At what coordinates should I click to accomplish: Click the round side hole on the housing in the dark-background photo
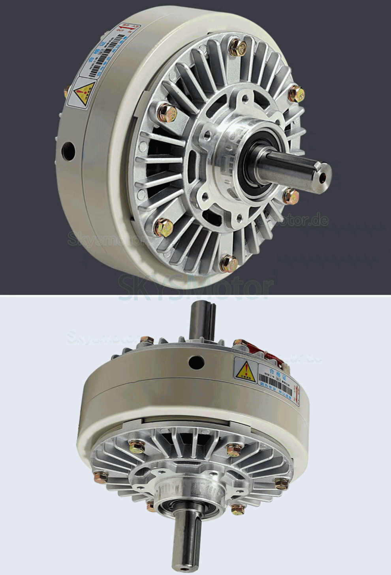(68, 151)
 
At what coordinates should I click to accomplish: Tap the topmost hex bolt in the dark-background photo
(238, 47)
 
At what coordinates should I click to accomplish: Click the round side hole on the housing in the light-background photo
(196, 361)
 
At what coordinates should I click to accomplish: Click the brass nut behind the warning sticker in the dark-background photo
(66, 92)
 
